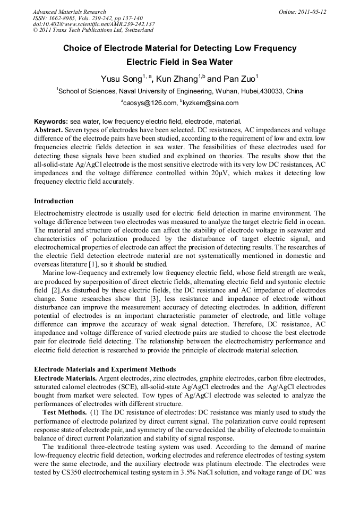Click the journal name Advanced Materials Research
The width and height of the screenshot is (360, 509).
point(69,12)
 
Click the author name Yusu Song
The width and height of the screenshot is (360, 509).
point(121,79)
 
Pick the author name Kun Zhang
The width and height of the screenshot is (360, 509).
point(176,79)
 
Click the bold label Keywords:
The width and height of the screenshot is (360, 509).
point(50,121)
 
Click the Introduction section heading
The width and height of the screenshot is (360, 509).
point(54,201)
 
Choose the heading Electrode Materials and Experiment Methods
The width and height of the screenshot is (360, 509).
point(105,369)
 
